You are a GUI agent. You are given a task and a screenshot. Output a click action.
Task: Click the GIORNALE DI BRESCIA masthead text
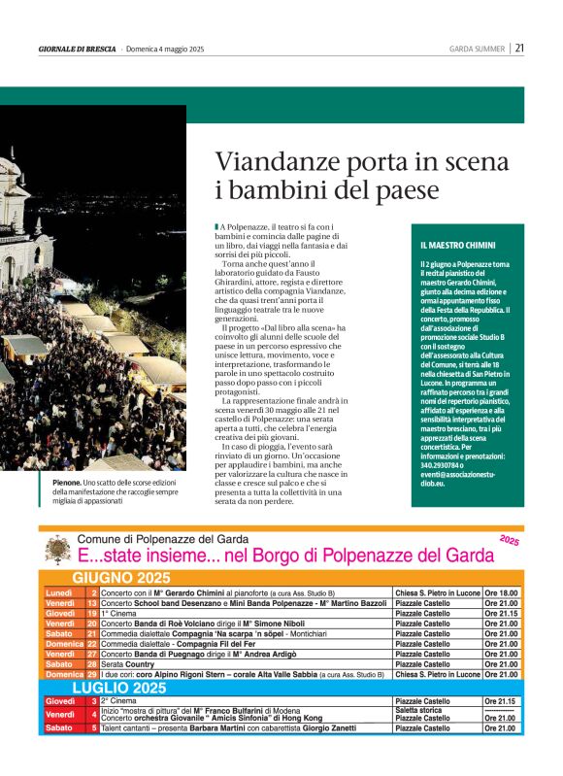click(x=78, y=49)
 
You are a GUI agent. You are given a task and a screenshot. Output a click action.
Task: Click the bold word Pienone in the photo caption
click(x=68, y=483)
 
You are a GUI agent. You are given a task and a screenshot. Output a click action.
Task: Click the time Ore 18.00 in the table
click(x=502, y=591)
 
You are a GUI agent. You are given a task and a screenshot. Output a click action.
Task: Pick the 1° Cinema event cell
click(x=121, y=614)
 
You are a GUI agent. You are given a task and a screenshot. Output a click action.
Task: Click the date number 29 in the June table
click(x=92, y=674)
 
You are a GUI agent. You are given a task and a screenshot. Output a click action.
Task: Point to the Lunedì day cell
click(x=60, y=591)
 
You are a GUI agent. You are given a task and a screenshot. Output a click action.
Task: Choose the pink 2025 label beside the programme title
click(x=511, y=539)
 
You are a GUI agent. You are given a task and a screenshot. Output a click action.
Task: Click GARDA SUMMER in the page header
click(x=477, y=49)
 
